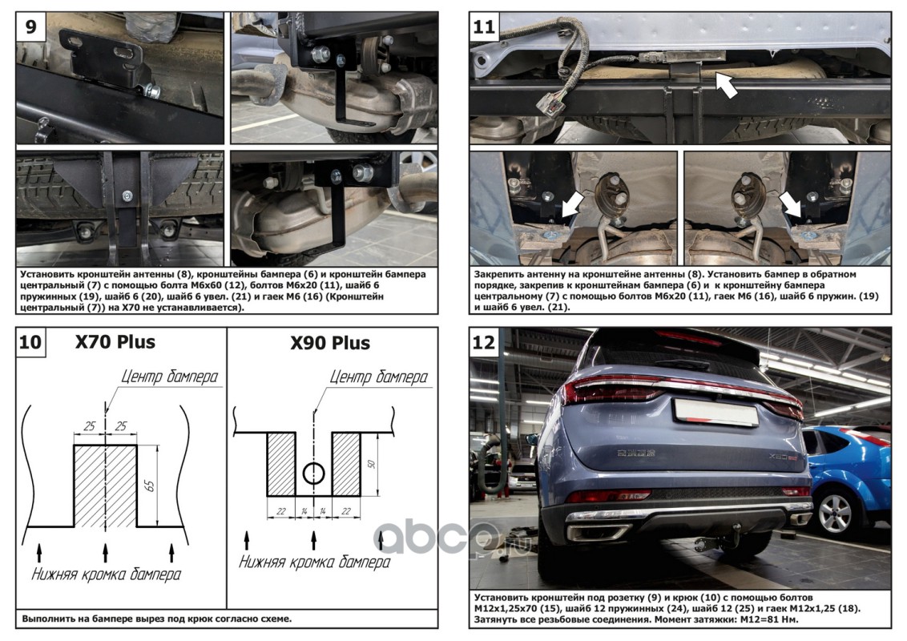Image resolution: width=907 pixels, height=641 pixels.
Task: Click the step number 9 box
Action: pos(30,26)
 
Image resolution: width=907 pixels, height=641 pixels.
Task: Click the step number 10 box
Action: pos(30,342)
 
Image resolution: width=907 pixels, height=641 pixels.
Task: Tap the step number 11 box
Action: pos(484,26)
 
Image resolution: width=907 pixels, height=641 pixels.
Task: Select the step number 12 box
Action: pos(484,342)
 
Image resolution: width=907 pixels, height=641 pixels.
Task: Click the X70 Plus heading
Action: pos(115,342)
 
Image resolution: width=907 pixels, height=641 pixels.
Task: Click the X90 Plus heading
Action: pos(330,343)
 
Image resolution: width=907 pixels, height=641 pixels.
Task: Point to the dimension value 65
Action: pos(150,485)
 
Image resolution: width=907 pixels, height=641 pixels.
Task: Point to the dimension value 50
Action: pos(371,463)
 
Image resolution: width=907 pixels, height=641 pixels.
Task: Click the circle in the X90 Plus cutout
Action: pos(314,474)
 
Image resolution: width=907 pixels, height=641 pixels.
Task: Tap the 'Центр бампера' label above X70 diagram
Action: pos(170,377)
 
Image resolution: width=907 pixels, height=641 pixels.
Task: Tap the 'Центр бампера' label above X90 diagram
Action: pos(379,377)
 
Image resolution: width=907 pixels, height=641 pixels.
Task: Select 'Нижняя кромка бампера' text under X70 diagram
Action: pos(106,574)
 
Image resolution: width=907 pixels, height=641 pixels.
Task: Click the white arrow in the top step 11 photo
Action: pos(727,85)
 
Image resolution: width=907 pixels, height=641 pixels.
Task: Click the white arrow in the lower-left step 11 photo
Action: pos(571,205)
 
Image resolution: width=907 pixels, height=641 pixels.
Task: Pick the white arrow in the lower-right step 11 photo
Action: pos(790,205)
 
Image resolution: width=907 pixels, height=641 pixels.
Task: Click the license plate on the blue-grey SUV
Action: pos(716,412)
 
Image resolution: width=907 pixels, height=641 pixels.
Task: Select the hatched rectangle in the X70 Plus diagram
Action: pos(105,486)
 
